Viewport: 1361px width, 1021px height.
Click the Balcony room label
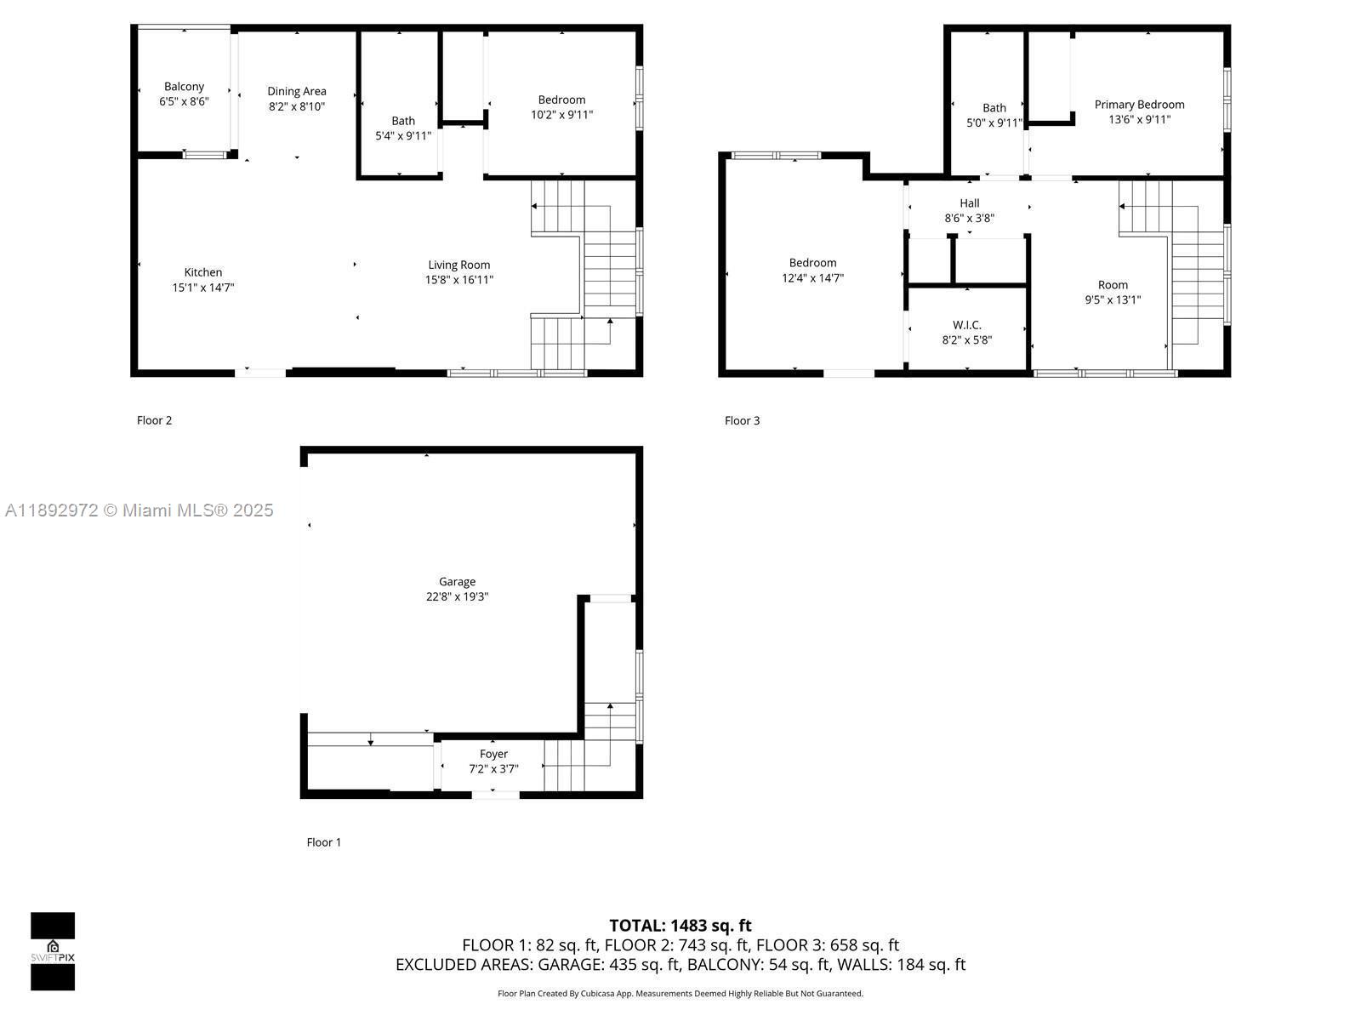tap(184, 87)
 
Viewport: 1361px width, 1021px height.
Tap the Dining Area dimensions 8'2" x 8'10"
tap(296, 107)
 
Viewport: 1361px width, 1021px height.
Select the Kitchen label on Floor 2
tap(202, 272)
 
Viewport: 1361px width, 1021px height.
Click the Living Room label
tap(458, 265)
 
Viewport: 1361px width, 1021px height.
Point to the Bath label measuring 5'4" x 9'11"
tap(403, 121)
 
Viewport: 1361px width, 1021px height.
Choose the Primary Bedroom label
tap(1139, 105)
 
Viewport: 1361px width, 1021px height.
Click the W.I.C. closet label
tap(966, 325)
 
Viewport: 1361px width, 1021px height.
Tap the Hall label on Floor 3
tap(969, 203)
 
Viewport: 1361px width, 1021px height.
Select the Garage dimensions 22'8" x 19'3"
tap(457, 597)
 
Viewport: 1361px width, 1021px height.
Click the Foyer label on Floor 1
tap(493, 754)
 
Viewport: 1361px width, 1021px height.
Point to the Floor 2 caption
tap(154, 420)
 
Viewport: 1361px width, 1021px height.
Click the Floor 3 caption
tap(742, 420)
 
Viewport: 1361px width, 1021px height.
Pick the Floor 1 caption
tap(323, 842)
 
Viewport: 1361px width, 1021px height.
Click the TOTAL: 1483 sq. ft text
tap(680, 925)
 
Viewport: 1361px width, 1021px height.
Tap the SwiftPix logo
tap(53, 951)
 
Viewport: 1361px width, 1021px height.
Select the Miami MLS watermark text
tap(140, 510)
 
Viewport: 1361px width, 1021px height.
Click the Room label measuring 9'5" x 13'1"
tap(1112, 285)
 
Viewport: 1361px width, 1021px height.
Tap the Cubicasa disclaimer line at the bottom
tap(680, 994)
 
